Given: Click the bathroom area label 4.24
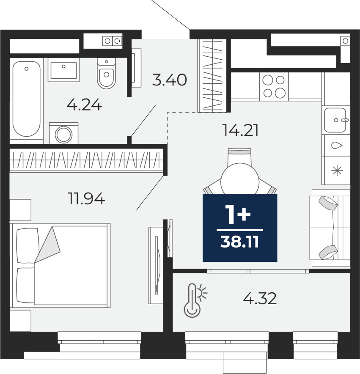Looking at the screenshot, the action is click(x=84, y=105).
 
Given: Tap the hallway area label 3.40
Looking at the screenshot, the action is click(x=169, y=80).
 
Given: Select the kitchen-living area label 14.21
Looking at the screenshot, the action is click(x=240, y=130).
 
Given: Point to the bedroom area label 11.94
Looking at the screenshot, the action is click(x=86, y=198).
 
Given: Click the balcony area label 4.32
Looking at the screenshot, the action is click(x=260, y=298).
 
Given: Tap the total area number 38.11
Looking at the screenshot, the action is click(x=239, y=242).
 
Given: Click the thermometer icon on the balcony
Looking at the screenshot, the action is click(x=195, y=300).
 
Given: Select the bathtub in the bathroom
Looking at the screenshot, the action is click(x=27, y=99).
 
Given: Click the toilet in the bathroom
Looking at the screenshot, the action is click(x=107, y=73).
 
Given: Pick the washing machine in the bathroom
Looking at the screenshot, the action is click(x=64, y=134).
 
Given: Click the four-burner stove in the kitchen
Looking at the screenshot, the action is click(x=274, y=86).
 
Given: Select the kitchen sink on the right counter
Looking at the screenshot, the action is click(x=335, y=120).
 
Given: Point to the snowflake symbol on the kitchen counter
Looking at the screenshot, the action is click(x=337, y=171).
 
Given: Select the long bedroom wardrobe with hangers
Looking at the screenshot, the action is click(x=86, y=160).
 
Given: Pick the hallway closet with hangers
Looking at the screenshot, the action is click(x=212, y=76).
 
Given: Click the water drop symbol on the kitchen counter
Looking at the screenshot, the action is click(x=337, y=145).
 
